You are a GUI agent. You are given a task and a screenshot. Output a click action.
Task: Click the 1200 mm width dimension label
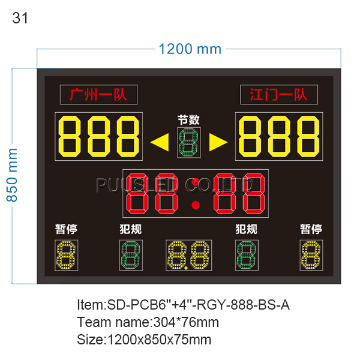click(190, 49)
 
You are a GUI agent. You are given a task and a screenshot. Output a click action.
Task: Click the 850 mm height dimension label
click(12, 175)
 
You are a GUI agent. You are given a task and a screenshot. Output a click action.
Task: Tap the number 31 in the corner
click(20, 18)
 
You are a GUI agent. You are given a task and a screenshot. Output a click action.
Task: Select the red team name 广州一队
click(98, 94)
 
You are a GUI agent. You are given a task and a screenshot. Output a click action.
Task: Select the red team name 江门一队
click(278, 94)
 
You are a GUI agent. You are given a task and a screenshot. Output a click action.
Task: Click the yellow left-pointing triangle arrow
click(160, 142)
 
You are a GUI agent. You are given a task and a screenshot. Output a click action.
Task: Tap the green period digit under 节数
click(189, 143)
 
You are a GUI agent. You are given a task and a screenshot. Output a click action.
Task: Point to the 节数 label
click(189, 120)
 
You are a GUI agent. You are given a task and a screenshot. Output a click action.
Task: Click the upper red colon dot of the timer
click(196, 182)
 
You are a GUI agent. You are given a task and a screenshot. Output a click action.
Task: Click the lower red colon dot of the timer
click(196, 205)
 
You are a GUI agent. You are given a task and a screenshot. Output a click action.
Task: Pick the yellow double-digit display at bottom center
click(189, 255)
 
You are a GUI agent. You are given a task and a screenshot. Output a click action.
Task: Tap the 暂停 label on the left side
click(66, 229)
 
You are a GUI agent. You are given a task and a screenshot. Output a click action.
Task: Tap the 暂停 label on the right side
click(311, 229)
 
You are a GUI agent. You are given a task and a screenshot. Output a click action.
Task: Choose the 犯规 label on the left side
click(131, 229)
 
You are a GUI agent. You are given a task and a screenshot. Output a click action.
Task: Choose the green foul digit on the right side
click(247, 255)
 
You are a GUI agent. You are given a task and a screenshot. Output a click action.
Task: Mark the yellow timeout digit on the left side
click(66, 255)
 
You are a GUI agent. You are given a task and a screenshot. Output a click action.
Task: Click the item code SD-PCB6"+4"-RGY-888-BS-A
click(198, 305)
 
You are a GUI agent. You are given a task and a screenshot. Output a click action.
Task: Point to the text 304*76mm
click(186, 322)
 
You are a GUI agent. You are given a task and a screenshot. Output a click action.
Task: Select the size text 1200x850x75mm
click(159, 340)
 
